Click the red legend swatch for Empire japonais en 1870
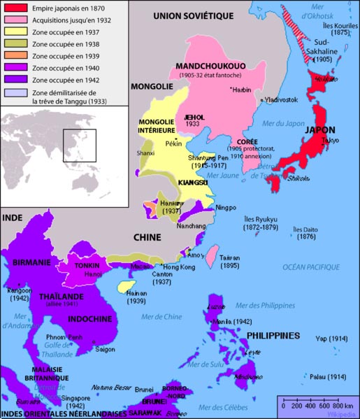15,9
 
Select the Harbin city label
241,89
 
